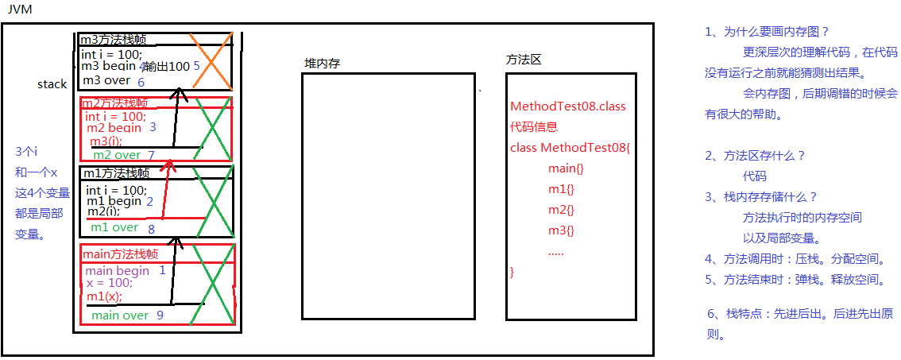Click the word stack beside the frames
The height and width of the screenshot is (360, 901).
(52, 84)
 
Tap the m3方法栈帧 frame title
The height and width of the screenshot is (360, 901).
(113, 40)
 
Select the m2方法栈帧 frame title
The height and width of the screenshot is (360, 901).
(116, 103)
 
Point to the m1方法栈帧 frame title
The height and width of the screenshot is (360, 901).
(116, 173)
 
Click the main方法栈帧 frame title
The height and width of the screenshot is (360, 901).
(120, 254)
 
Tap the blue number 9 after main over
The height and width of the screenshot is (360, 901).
(160, 315)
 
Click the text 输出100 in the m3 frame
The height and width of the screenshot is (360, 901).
(166, 67)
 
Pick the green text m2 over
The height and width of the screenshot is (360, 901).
(117, 155)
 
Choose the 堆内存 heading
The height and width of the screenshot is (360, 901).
(322, 64)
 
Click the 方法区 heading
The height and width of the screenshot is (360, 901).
(524, 60)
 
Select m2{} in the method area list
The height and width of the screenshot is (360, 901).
(561, 210)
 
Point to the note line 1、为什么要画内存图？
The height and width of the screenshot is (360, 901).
(767, 32)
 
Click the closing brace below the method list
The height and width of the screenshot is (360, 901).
(512, 272)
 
